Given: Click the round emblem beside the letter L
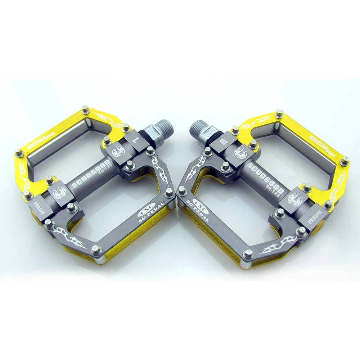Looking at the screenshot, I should [118, 151].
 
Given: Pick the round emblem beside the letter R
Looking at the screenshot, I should [240, 153].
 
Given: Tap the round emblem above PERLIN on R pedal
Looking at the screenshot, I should [295, 197].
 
